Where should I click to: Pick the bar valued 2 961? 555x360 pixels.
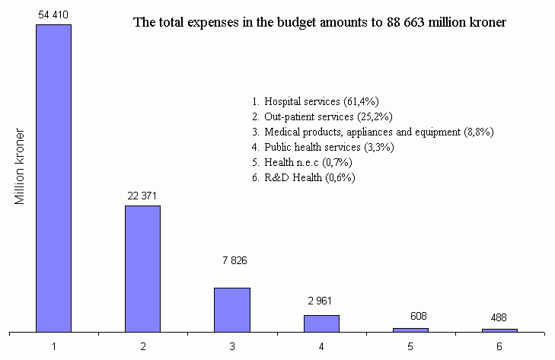tap(321, 323)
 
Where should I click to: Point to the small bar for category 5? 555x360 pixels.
tap(410, 330)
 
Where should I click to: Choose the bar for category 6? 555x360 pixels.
tap(499, 330)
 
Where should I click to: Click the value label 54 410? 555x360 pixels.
tap(53, 14)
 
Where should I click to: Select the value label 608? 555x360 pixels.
tap(410, 314)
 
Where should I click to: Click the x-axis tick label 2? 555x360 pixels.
tap(143, 346)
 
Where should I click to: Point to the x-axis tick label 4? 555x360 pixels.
tap(321, 346)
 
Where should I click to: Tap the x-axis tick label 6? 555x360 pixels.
tap(499, 346)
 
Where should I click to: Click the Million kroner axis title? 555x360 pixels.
tap(21, 167)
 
